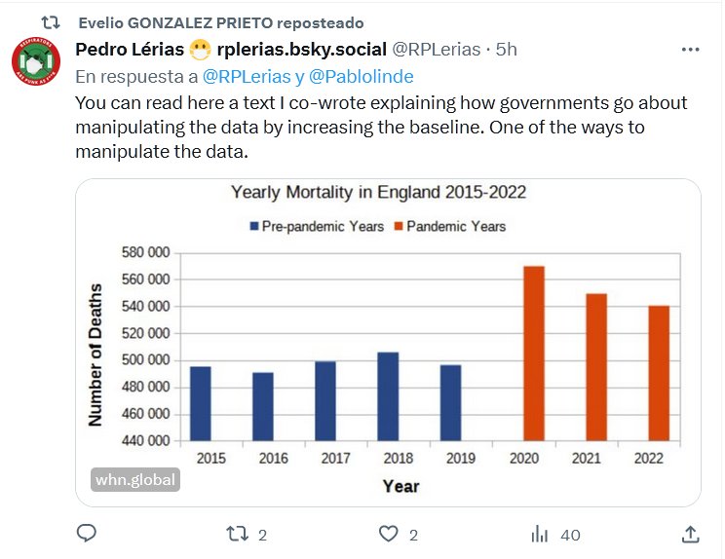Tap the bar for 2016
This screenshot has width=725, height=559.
263,406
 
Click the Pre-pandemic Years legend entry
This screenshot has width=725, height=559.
317,226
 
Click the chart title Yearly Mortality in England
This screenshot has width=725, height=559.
378,192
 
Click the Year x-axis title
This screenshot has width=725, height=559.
401,485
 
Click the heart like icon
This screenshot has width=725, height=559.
390,534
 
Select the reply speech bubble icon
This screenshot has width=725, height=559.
87,534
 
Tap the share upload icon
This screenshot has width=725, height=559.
689,534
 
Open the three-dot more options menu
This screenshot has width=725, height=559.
690,50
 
